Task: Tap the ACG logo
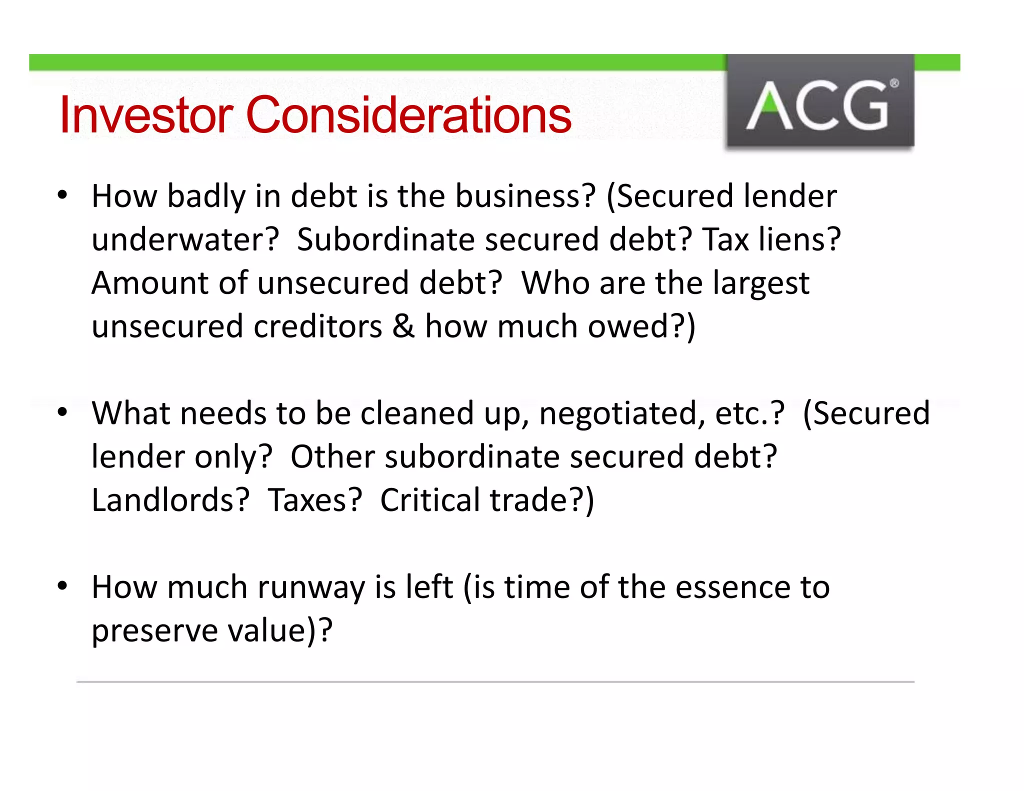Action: tap(820, 102)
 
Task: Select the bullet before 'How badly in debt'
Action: tap(62, 195)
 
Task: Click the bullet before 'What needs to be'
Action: tap(62, 412)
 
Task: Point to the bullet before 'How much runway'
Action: tap(62, 586)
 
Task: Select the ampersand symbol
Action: tap(403, 326)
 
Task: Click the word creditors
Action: tap(318, 326)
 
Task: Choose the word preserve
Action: tap(154, 631)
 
